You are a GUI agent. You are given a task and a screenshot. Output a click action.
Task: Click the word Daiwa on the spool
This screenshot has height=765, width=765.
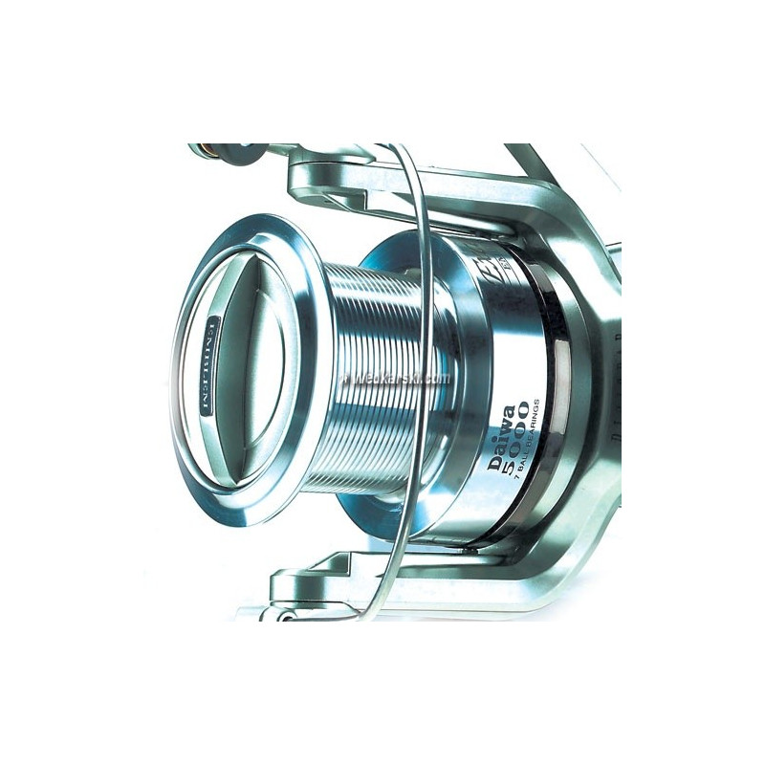[498, 441]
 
